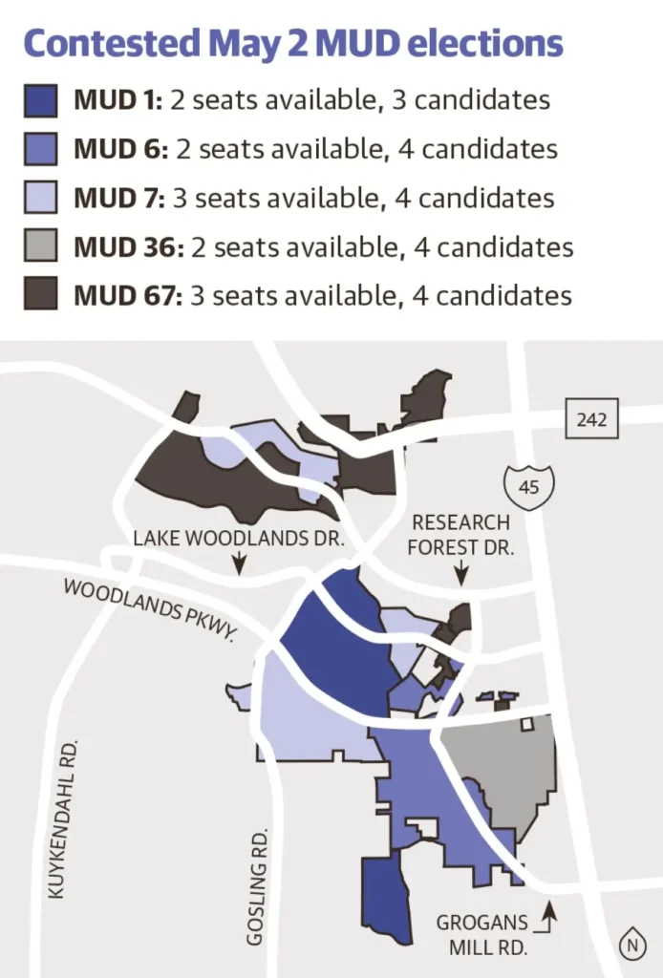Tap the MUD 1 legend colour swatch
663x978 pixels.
(42, 100)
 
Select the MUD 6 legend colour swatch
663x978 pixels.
(42, 149)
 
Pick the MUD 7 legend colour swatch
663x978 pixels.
(42, 198)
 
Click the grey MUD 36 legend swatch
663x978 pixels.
(42, 246)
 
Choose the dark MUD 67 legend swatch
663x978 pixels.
(42, 295)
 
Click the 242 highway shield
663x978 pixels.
(592, 419)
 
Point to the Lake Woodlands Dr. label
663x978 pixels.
(238, 538)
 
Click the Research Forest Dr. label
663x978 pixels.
(460, 536)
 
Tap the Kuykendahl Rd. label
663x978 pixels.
(60, 818)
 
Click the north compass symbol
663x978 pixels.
(631, 945)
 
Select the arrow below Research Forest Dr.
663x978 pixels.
(461, 573)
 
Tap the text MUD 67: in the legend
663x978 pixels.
(128, 295)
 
